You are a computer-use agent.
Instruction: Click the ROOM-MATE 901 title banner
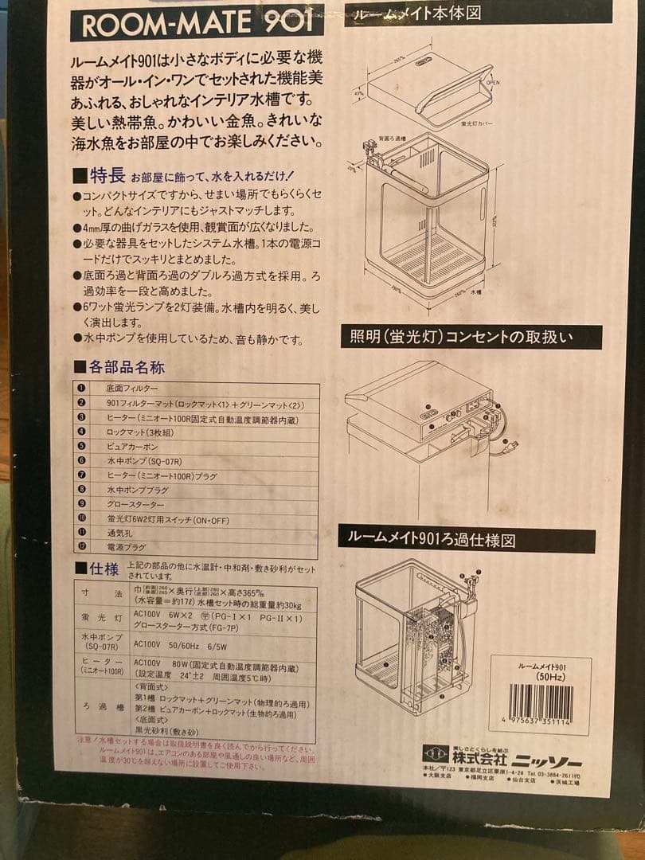coord(197,25)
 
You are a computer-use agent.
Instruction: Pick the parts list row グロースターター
coord(136,504)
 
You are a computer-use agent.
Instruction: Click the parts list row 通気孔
coord(120,533)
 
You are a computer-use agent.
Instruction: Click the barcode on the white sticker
coord(541,702)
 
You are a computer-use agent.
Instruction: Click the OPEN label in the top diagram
coord(493,83)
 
